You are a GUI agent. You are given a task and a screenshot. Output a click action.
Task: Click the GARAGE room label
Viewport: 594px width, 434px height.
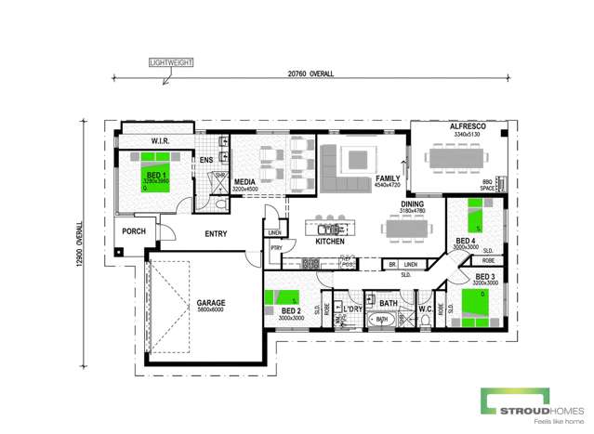pos(210,303)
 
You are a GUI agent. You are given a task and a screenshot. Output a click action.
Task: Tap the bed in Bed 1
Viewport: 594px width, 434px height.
pos(153,174)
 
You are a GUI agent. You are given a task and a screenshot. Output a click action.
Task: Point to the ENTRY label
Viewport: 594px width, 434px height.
pos(216,233)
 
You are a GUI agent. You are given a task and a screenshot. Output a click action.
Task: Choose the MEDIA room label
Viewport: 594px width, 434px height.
pos(245,182)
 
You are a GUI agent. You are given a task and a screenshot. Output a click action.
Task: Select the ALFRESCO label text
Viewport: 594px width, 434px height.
pos(462,125)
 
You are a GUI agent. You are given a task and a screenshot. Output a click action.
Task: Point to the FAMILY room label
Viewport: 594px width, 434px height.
pos(387,178)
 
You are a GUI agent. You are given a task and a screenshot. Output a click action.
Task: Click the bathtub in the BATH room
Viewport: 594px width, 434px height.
pos(381,320)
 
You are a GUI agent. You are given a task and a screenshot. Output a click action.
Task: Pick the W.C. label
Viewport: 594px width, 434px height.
pos(425,309)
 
